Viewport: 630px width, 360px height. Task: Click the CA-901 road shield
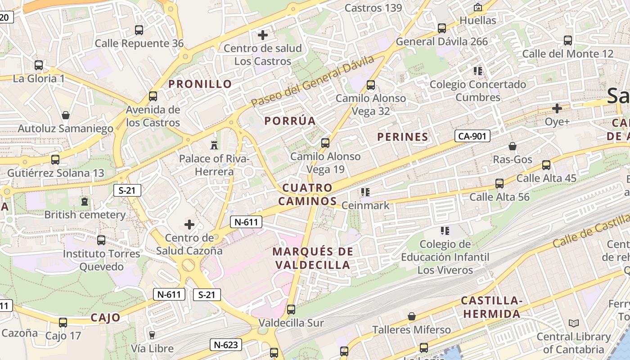point(472,135)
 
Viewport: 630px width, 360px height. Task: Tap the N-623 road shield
point(226,345)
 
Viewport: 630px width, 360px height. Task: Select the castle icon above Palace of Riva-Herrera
point(214,145)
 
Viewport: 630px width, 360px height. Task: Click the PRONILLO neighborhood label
point(200,84)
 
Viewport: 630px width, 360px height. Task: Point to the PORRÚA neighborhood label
point(290,121)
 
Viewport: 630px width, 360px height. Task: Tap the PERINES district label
point(402,137)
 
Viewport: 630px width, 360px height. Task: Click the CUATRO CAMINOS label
point(307,194)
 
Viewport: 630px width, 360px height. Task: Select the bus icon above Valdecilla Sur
point(291,310)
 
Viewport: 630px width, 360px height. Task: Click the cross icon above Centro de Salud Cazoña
point(189,224)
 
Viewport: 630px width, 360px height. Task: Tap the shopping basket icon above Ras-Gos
point(512,146)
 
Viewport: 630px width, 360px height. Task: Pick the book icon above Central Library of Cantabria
point(573,323)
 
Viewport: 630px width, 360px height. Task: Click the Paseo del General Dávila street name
point(312,82)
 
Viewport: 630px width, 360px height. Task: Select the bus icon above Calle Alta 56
point(499,184)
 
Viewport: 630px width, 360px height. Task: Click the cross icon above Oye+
point(557,108)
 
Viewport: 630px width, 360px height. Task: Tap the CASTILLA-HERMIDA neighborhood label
point(491,307)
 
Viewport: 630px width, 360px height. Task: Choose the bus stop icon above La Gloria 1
point(39,65)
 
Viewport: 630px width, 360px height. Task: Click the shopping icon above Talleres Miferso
point(411,316)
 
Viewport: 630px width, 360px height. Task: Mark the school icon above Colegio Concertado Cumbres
point(477,71)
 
